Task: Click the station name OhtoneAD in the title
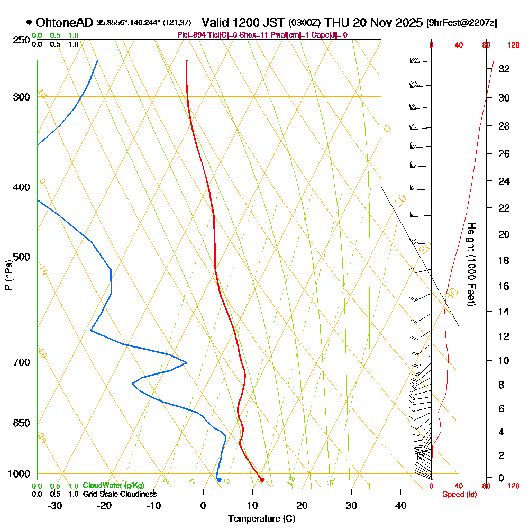point(65,23)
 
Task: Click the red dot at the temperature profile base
point(262,480)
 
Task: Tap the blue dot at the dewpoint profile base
point(219,480)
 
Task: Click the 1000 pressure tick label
point(20,474)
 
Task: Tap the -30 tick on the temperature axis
point(55,505)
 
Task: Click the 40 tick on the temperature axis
point(400,505)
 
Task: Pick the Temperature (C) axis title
point(261,518)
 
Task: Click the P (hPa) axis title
point(8,275)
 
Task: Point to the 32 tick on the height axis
point(504,69)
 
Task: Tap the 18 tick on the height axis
point(504,260)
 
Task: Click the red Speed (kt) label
point(457,494)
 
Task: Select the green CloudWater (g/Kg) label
point(113,485)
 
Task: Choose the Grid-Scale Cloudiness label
point(120,494)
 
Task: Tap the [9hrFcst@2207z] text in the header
point(461,23)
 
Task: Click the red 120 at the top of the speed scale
point(513,45)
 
